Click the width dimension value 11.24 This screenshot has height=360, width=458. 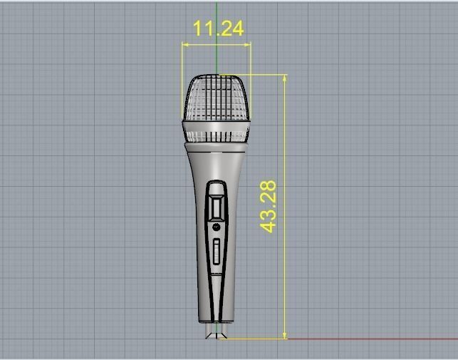[218, 29]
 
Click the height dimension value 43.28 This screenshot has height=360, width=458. [269, 207]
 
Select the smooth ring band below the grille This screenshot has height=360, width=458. [217, 132]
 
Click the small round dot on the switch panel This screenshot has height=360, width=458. [217, 227]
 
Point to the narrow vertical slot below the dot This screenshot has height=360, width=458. [217, 254]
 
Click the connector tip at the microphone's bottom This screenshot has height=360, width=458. [217, 333]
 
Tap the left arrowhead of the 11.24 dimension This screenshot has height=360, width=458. [185, 45]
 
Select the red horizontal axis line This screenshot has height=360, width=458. [370, 339]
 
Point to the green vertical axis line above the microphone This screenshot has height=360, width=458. [217, 57]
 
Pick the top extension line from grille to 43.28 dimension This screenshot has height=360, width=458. [256, 75]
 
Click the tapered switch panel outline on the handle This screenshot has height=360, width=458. [209, 285]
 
